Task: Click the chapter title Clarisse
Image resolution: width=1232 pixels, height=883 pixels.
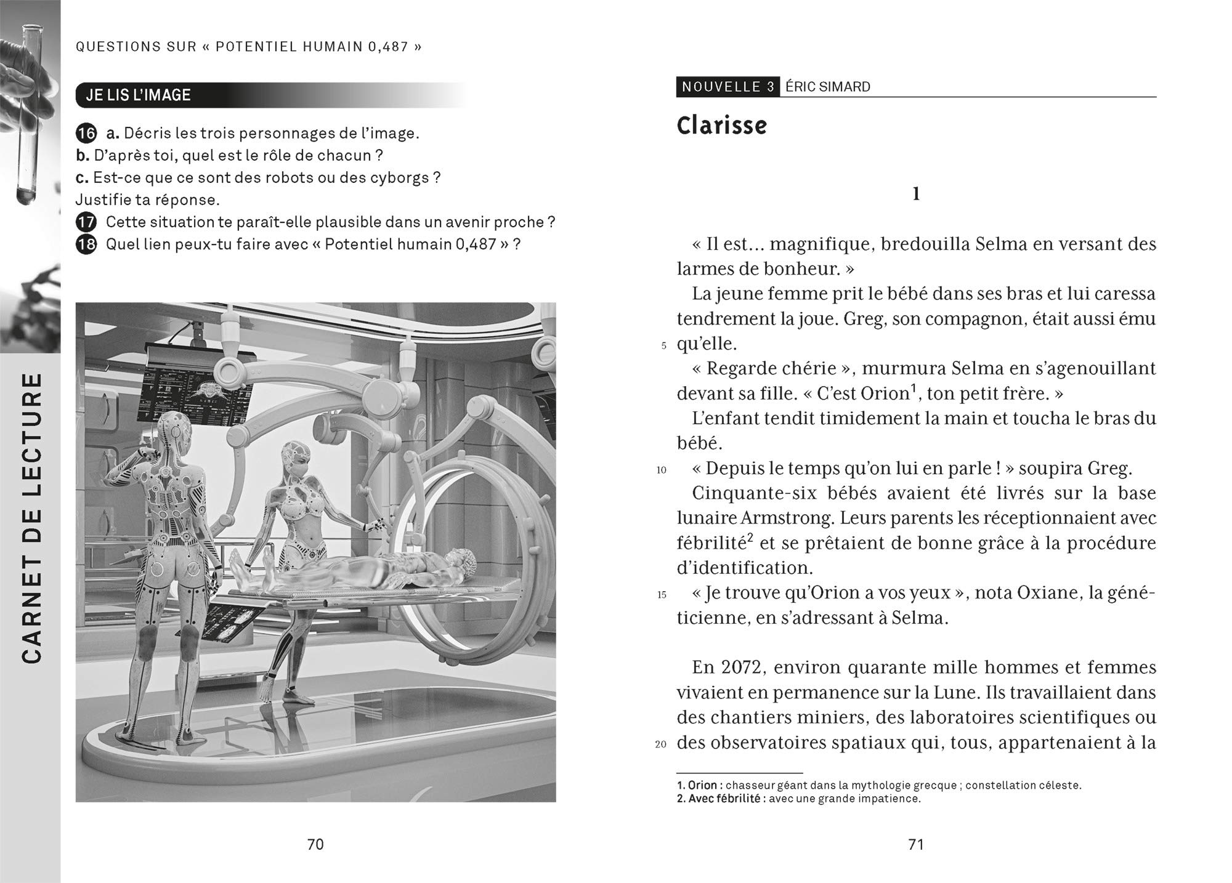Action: pos(721,126)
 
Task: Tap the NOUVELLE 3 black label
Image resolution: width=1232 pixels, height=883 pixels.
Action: pos(727,87)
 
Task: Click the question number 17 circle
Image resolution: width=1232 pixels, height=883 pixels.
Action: pos(86,222)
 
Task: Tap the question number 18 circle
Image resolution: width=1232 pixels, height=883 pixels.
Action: pos(86,244)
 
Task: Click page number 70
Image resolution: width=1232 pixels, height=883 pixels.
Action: pos(315,844)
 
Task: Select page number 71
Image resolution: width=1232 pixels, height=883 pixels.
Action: pos(916,844)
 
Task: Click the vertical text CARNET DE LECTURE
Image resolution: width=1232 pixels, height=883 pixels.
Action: pos(31,517)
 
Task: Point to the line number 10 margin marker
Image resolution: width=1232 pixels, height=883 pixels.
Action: pos(662,470)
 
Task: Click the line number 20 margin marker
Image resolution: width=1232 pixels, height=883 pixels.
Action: pos(661,744)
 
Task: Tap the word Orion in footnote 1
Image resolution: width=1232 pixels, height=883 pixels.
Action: pos(702,785)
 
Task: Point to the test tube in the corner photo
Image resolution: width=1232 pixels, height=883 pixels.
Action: pos(28,111)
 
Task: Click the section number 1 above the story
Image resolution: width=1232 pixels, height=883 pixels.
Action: pos(915,195)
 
